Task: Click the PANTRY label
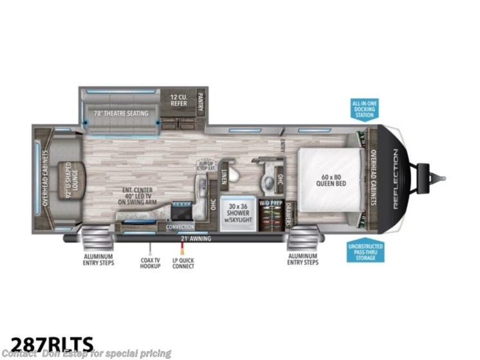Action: click(200, 101)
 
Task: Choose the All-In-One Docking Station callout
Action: click(364, 110)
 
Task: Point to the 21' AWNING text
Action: click(196, 239)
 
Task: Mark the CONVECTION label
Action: click(180, 227)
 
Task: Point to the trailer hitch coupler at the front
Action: click(439, 175)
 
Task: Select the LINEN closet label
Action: click(222, 175)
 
